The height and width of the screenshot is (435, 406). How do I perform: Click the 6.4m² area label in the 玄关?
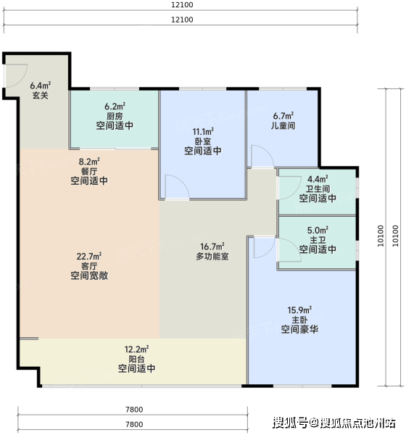pos(41,85)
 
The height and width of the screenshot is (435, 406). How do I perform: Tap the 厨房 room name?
pos(115,116)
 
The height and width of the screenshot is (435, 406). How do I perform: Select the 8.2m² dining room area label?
pos(89,162)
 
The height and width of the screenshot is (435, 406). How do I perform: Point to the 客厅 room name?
pos(89,266)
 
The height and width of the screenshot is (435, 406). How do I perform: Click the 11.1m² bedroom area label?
pos(203,131)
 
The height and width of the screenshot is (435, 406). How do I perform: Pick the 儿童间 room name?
pos(283,125)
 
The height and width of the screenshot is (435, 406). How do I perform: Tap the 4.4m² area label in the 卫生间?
pos(318,179)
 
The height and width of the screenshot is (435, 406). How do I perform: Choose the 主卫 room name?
pos(318,240)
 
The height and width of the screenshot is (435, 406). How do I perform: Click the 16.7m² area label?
pos(212,246)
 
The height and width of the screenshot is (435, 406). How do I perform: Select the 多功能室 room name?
pos(212,257)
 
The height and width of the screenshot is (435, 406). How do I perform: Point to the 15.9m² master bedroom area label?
pos(299,310)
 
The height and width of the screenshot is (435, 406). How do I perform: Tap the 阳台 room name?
pos(136,360)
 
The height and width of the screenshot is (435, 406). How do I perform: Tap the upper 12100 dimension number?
pos(182,5)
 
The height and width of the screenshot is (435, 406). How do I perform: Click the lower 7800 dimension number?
pos(134,424)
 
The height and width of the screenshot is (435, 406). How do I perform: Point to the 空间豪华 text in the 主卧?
pos(299,330)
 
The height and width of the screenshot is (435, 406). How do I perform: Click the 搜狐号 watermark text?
pos(290,423)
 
